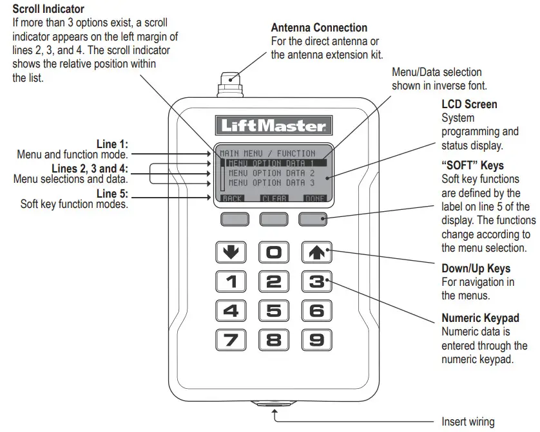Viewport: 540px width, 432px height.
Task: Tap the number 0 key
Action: (274, 252)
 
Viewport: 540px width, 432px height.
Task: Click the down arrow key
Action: (231, 252)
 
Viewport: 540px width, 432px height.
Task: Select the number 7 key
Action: (231, 339)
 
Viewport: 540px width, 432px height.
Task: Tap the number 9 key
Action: (316, 339)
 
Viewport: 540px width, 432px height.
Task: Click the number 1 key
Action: (231, 281)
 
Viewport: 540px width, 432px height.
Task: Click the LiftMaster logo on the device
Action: (274, 126)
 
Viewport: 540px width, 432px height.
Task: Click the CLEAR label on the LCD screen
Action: (275, 199)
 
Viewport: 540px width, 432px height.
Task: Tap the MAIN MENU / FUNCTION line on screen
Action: (268, 154)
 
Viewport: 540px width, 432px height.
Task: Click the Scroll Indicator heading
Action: (48, 9)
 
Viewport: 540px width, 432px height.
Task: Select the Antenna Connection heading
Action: (319, 28)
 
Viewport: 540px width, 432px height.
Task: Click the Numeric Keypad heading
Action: (480, 319)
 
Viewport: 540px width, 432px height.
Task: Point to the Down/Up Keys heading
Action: (476, 268)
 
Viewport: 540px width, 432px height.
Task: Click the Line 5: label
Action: (112, 193)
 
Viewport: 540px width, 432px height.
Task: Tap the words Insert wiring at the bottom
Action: (468, 422)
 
